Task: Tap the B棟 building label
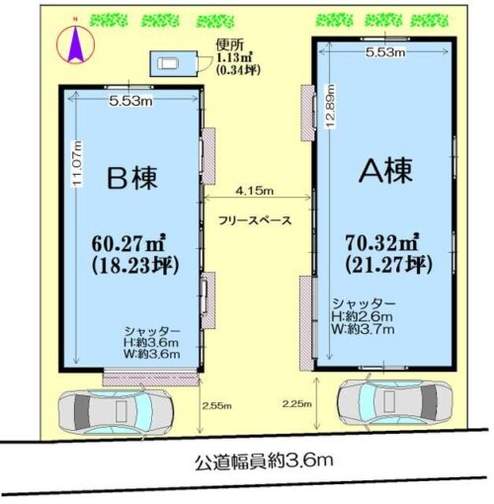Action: pyautogui.click(x=132, y=178)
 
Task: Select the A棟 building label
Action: pyautogui.click(x=385, y=171)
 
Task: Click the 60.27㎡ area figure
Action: pyautogui.click(x=128, y=244)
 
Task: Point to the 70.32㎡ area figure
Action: pyautogui.click(x=382, y=243)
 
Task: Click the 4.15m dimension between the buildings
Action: pyautogui.click(x=254, y=191)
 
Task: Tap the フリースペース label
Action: pyautogui.click(x=255, y=220)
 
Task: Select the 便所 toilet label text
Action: pyautogui.click(x=230, y=45)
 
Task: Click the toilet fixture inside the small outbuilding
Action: pyautogui.click(x=168, y=63)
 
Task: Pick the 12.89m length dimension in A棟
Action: pyautogui.click(x=331, y=107)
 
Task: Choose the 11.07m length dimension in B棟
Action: pyautogui.click(x=77, y=163)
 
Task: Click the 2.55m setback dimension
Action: pyautogui.click(x=216, y=405)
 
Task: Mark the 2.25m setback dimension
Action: pyautogui.click(x=296, y=403)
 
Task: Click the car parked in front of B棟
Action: pyautogui.click(x=116, y=412)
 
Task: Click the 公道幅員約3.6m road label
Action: pyautogui.click(x=264, y=461)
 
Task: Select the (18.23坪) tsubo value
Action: pyautogui.click(x=135, y=266)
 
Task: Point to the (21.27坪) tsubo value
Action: pyautogui.click(x=388, y=264)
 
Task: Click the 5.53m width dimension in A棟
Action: pyautogui.click(x=385, y=52)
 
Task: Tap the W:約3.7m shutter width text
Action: pyautogui.click(x=363, y=329)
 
